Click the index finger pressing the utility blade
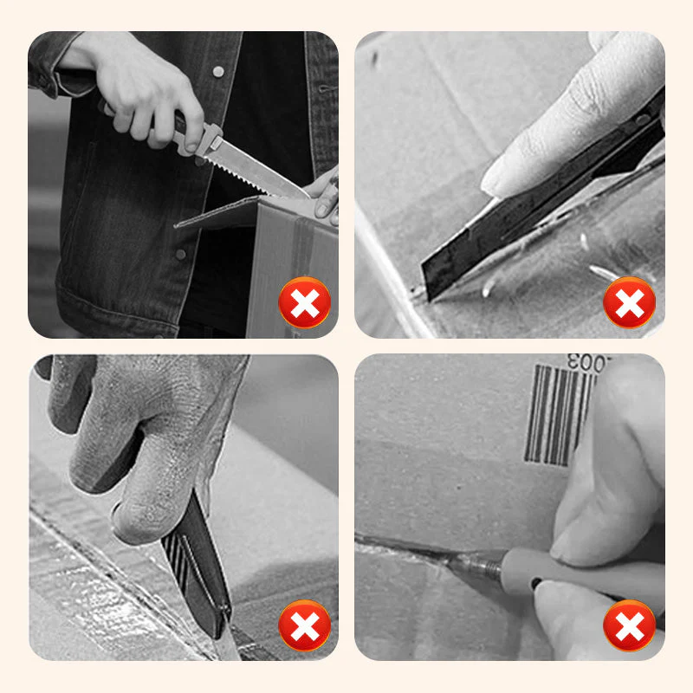tap(563, 130)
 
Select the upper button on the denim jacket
tap(217, 70)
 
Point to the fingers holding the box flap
tap(325, 195)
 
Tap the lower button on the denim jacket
tap(180, 254)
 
